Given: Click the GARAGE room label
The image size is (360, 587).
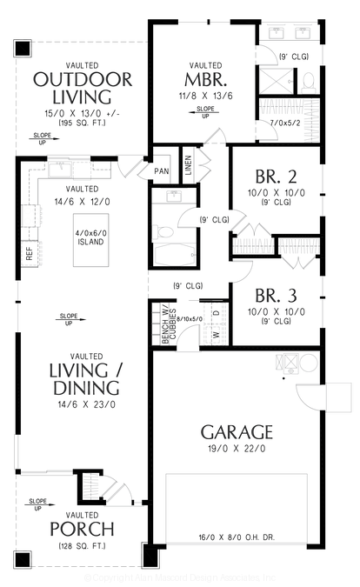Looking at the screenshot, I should [x=237, y=431].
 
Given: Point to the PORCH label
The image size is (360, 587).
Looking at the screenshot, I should [x=82, y=529].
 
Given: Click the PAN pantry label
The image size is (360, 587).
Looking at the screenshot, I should [x=161, y=171].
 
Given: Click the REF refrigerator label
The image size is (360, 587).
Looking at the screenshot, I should [x=29, y=254].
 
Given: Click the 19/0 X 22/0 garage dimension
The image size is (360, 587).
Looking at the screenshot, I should [x=237, y=449].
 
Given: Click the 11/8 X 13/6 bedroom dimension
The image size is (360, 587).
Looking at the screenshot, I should [x=205, y=97].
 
